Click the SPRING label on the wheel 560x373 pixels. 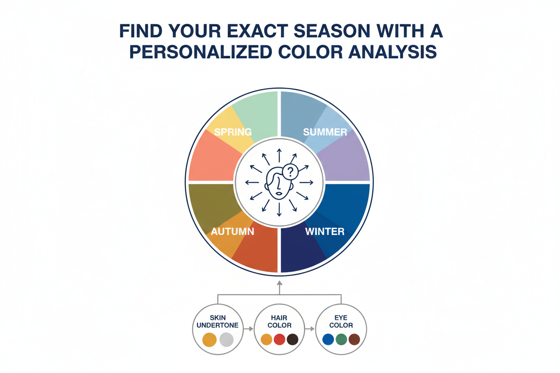click(232, 132)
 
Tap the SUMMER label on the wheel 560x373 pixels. click(325, 132)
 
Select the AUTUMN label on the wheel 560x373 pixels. click(232, 232)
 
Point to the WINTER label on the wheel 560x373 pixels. click(325, 232)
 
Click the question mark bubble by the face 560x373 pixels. click(291, 171)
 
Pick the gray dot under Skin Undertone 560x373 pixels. click(227, 339)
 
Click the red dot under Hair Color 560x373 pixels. click(280, 339)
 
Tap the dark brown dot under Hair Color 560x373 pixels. click(293, 339)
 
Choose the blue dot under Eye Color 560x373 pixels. click(328, 339)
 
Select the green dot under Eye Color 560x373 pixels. click(341, 339)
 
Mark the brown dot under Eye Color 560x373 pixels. click(354, 339)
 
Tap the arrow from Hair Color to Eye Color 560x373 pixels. click(310, 329)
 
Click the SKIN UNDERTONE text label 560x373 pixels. click(218, 321)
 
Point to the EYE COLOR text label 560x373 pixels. click(341, 321)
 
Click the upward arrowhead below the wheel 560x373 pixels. click(280, 283)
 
